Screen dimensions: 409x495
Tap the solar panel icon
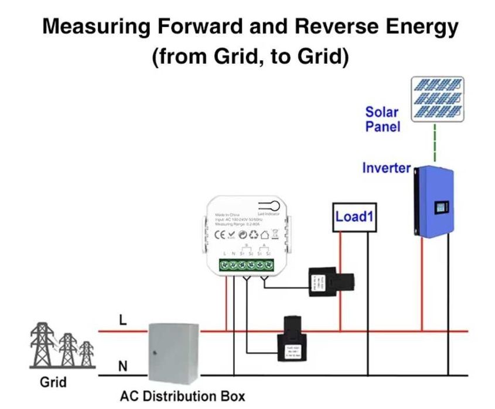point(437,99)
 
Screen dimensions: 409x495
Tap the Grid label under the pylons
point(53,383)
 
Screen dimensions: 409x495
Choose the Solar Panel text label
point(382,119)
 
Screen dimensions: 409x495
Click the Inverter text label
point(386,169)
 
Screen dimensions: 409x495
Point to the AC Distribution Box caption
point(182,396)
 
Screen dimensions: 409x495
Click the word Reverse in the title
point(323,26)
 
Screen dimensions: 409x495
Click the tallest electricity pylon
point(43,345)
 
